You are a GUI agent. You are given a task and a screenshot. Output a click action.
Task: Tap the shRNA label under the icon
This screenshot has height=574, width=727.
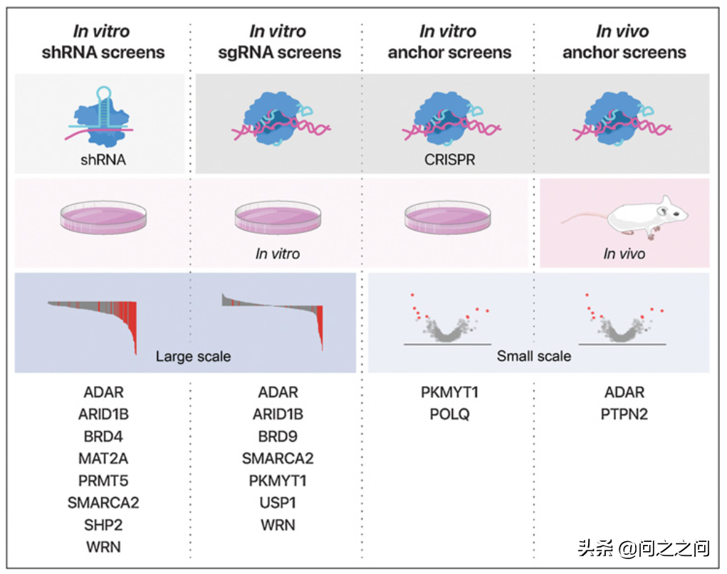(103, 160)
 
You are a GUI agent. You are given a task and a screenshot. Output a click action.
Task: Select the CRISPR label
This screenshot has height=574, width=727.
(449, 160)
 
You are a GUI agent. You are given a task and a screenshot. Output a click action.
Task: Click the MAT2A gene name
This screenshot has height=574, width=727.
(103, 458)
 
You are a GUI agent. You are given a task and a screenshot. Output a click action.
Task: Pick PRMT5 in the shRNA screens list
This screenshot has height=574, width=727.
(103, 480)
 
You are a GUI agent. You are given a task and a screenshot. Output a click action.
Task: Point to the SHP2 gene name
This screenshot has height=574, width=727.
(103, 525)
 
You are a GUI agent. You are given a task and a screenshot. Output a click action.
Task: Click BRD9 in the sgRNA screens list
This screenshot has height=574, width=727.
(278, 436)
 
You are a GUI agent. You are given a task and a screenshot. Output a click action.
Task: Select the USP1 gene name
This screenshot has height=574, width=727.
(278, 503)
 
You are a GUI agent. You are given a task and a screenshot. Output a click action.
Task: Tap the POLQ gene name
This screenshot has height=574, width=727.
(449, 414)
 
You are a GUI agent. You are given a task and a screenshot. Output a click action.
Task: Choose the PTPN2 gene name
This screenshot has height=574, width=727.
(624, 414)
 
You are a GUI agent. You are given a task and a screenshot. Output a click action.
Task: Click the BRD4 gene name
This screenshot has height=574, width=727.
(103, 436)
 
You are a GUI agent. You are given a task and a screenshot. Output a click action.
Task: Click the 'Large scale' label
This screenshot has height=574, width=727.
(193, 356)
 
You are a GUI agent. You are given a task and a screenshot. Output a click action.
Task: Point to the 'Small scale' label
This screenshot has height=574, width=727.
(534, 356)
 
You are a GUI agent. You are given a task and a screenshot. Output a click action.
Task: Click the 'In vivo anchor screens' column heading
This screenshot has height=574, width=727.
(624, 42)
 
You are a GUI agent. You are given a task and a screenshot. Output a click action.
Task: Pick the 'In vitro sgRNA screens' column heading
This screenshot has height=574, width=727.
(278, 42)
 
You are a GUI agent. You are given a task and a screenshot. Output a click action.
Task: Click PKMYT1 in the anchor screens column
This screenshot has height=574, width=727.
(449, 392)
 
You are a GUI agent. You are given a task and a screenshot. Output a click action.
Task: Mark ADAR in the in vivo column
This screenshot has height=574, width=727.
(624, 392)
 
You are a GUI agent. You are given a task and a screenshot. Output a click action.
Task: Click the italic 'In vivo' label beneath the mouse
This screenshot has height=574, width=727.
(624, 254)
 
